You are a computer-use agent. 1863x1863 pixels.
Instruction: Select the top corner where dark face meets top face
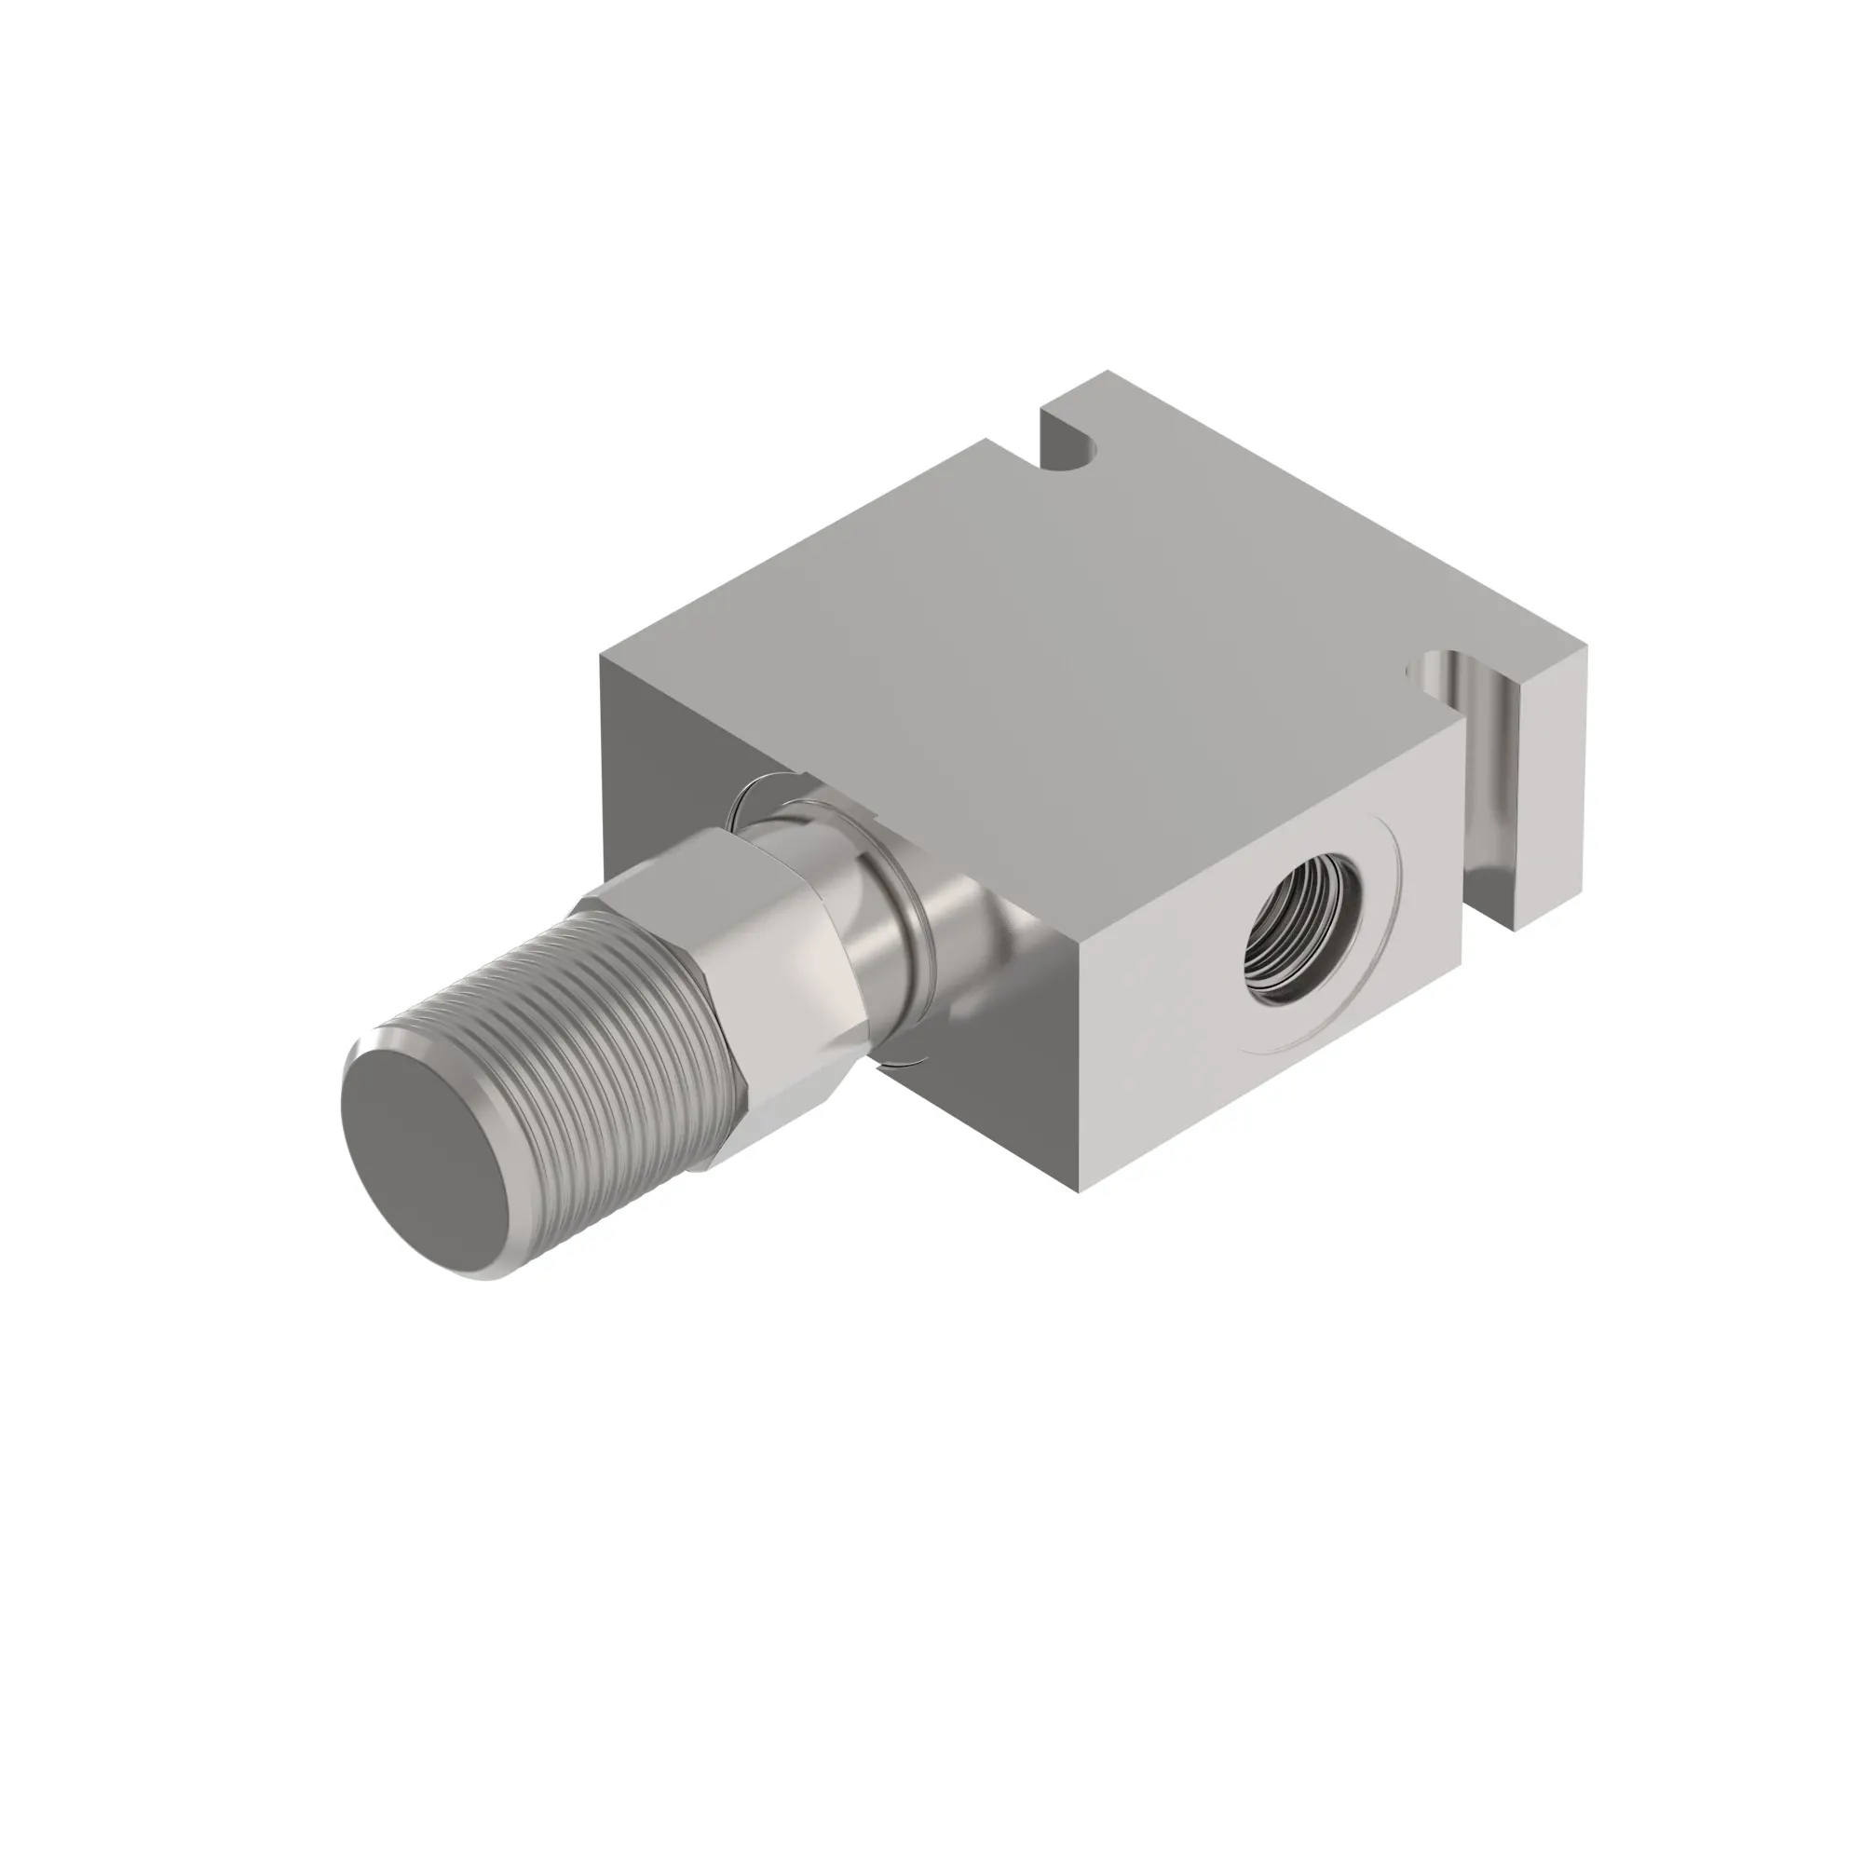601,654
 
